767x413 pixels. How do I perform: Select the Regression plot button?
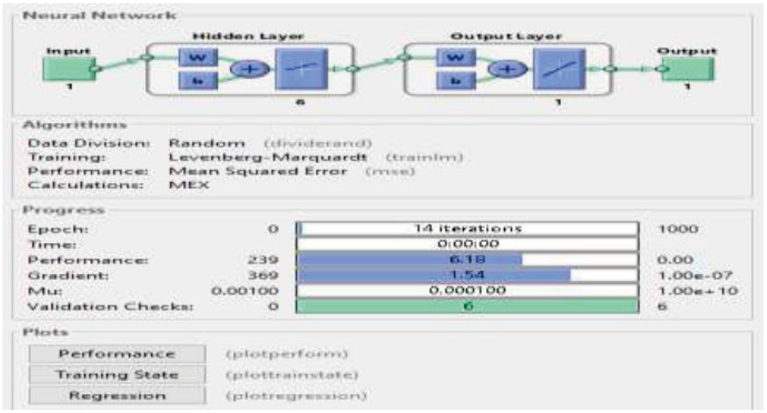(x=117, y=395)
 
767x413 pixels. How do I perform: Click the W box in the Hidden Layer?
(x=198, y=57)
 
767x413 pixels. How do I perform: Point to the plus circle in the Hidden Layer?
(x=249, y=69)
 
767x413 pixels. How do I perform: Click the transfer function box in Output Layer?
(x=559, y=69)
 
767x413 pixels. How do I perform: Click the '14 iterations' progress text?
(x=467, y=229)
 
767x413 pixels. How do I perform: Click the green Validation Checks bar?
(x=467, y=306)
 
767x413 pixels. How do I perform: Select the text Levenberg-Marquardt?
(x=267, y=157)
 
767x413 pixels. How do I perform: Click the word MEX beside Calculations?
(x=189, y=185)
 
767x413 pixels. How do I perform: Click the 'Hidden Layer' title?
(x=248, y=36)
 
